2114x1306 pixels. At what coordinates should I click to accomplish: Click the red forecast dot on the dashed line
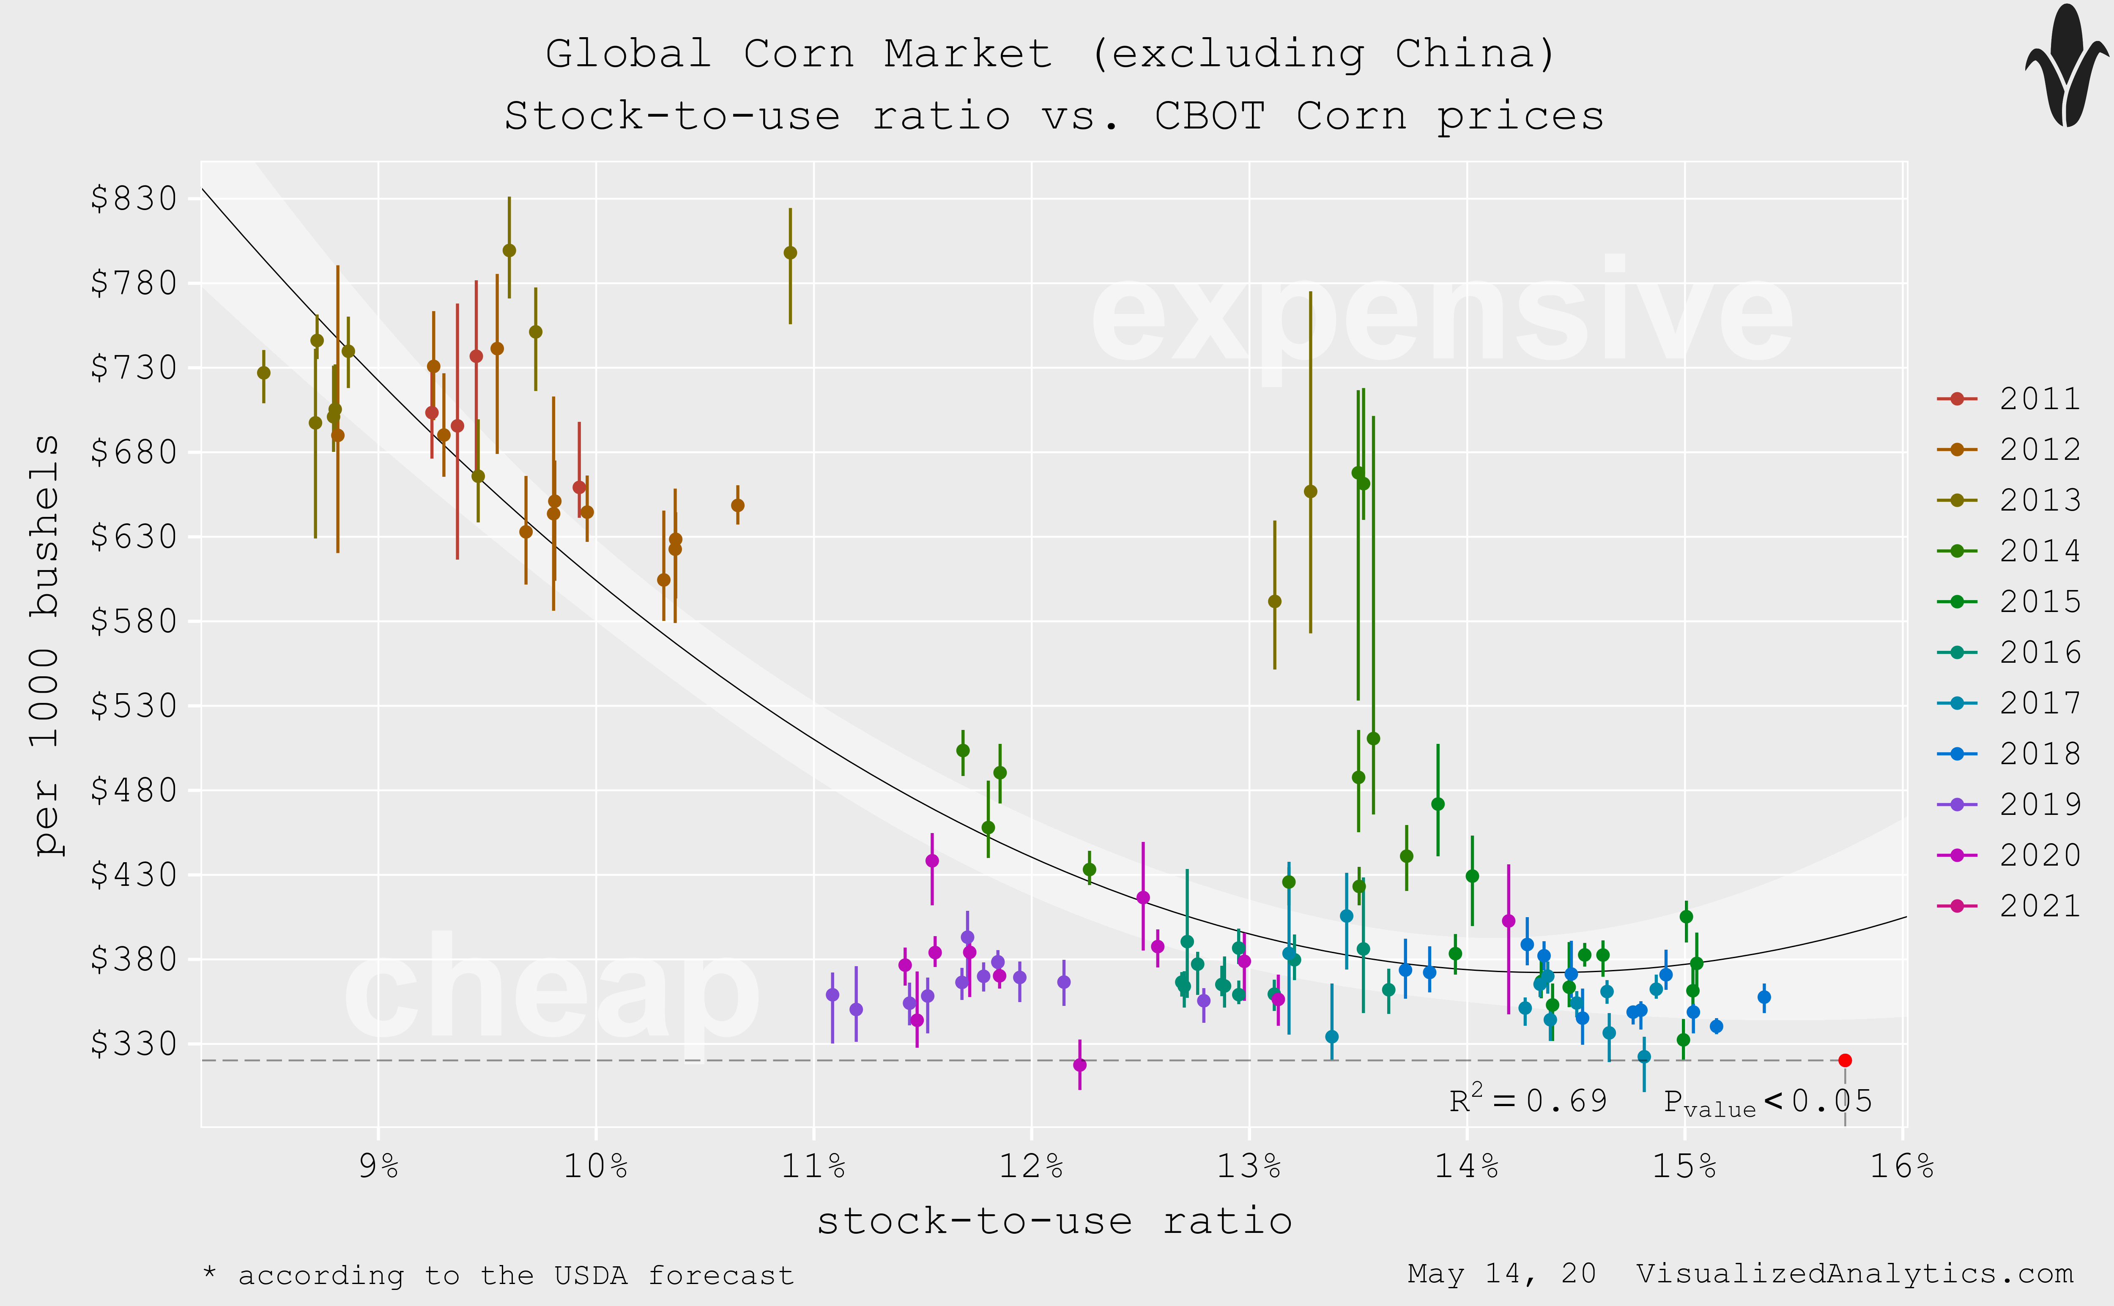[x=1844, y=1060]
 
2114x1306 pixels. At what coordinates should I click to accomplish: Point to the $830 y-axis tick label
[x=134, y=199]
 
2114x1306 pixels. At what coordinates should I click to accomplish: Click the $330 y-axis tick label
[x=134, y=1044]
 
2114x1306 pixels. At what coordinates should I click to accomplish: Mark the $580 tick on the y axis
[x=134, y=621]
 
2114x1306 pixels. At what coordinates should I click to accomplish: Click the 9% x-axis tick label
[x=378, y=1167]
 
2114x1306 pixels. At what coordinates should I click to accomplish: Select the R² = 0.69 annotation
[x=1528, y=1101]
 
